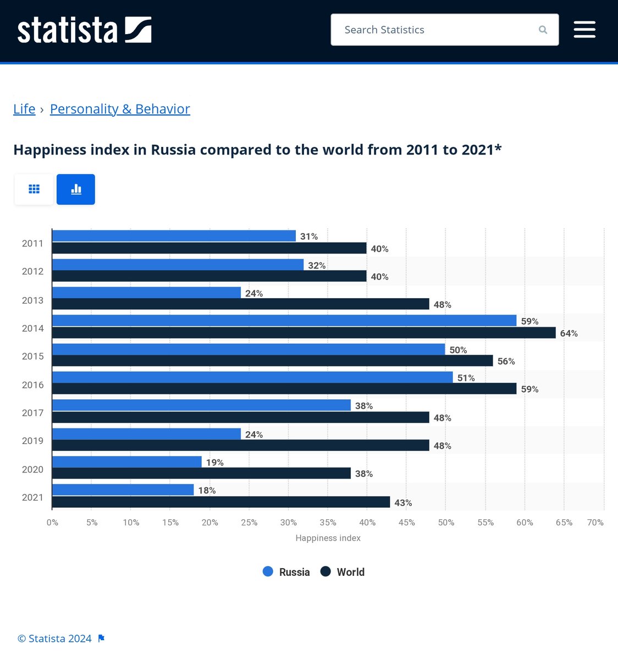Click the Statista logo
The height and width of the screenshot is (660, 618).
click(x=84, y=30)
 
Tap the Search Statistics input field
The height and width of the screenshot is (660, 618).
click(x=434, y=30)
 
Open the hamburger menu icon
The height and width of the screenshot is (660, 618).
click(x=584, y=30)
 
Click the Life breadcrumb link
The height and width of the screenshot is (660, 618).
click(x=24, y=109)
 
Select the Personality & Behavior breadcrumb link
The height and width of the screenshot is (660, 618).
click(x=120, y=109)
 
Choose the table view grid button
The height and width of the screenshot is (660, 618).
click(x=34, y=189)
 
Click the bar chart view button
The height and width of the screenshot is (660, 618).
click(x=76, y=189)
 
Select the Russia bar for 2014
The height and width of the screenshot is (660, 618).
click(x=284, y=321)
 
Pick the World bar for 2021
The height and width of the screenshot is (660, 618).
click(x=221, y=502)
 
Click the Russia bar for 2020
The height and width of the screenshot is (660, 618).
click(x=127, y=462)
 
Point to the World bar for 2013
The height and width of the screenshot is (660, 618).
click(x=241, y=304)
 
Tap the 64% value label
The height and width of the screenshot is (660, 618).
click(x=569, y=333)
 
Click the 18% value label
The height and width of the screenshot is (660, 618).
click(x=207, y=491)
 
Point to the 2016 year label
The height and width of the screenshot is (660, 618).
click(x=32, y=385)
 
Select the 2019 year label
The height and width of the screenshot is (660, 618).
click(x=32, y=441)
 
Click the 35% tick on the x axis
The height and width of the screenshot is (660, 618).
click(x=328, y=522)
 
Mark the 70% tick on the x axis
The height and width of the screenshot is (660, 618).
click(x=595, y=522)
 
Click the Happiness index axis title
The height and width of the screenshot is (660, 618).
click(x=328, y=538)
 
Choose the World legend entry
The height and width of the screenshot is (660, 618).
click(x=343, y=572)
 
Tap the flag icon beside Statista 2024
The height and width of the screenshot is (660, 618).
click(x=101, y=639)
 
